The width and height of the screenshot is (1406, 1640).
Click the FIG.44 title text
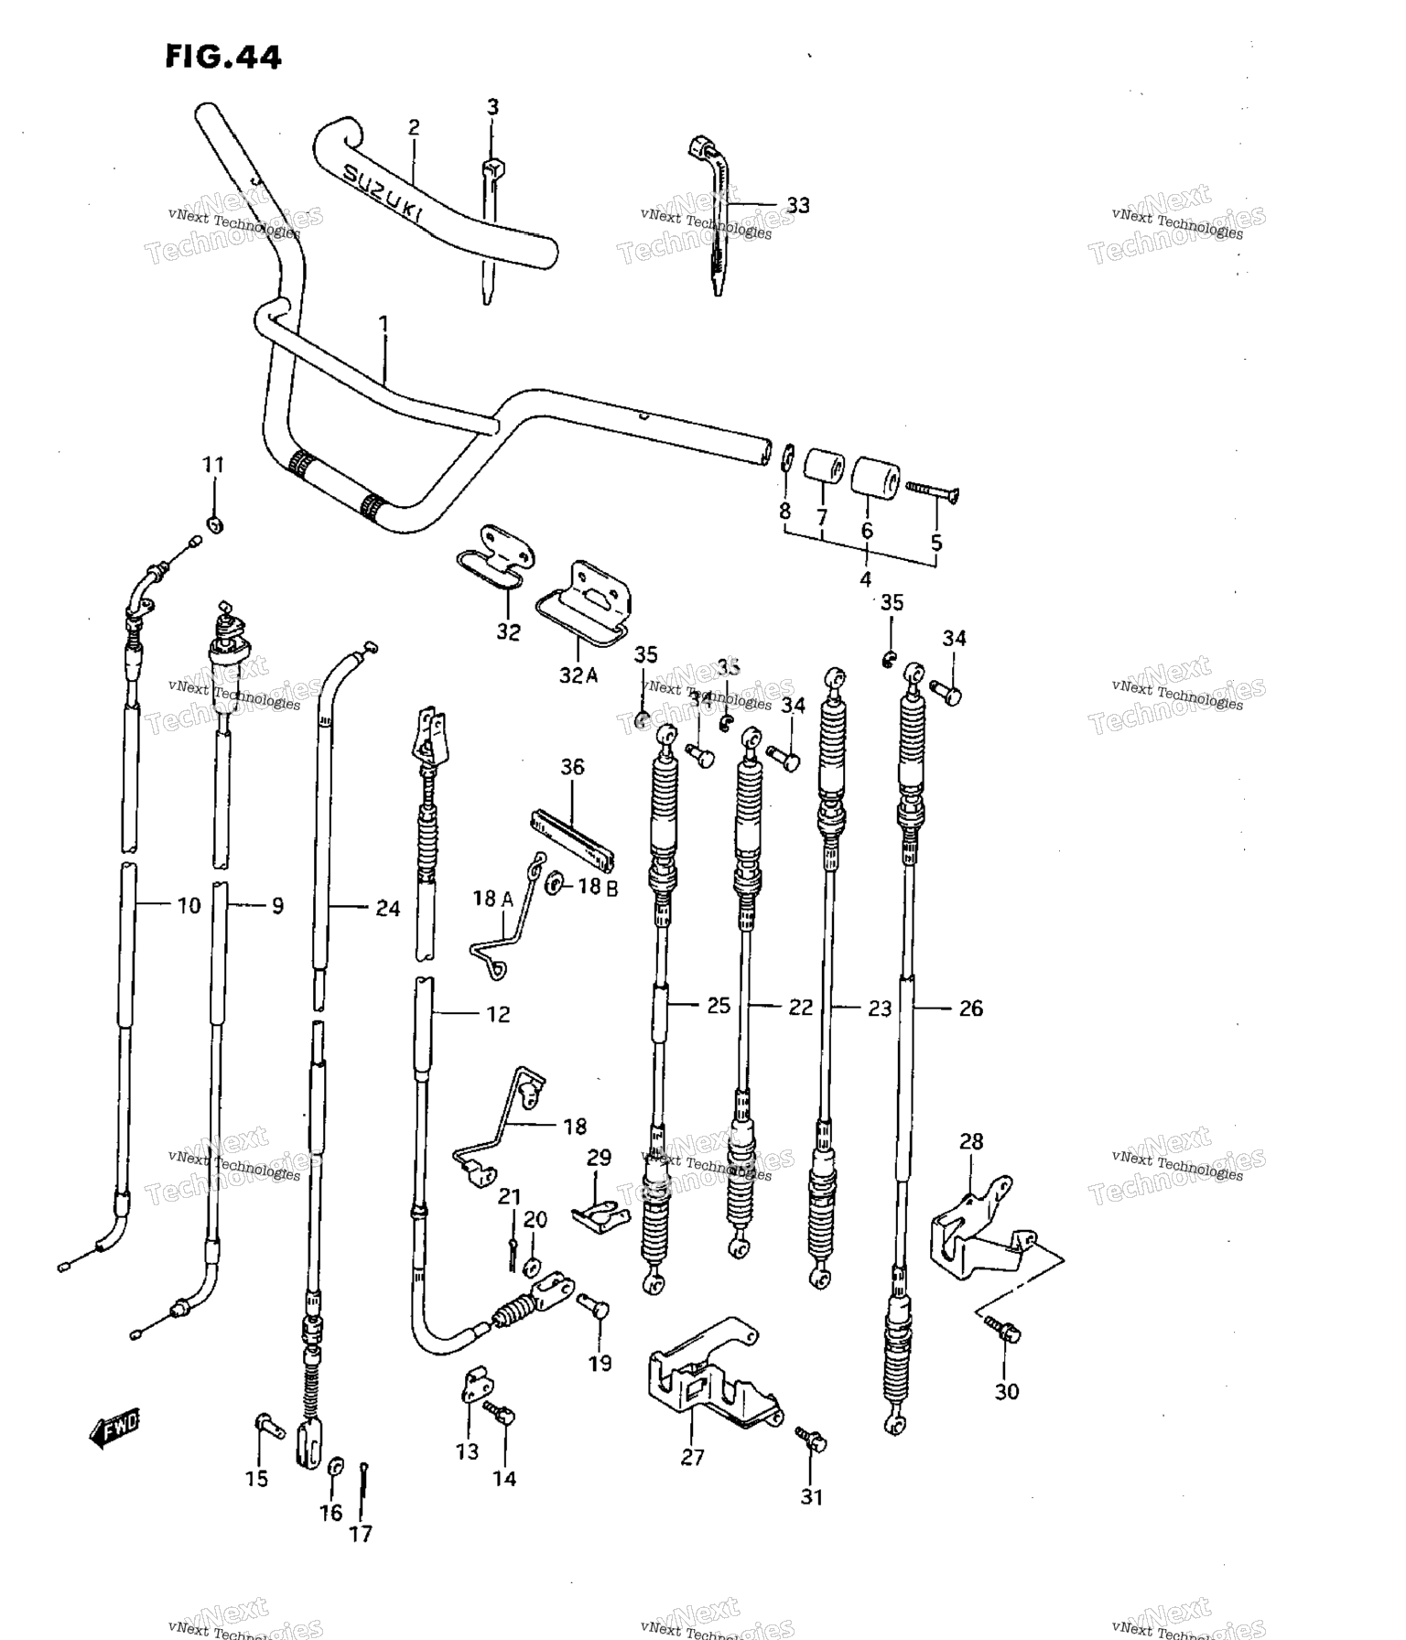click(222, 57)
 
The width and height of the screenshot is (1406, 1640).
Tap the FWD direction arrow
click(114, 1431)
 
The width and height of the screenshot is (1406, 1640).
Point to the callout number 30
click(1006, 1392)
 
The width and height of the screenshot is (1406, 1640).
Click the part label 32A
click(579, 675)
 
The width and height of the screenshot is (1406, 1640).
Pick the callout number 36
click(572, 767)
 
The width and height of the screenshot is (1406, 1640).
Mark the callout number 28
click(971, 1141)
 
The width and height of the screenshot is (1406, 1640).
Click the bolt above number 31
click(811, 1440)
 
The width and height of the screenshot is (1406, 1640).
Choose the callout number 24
click(388, 909)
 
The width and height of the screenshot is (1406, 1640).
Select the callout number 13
click(467, 1451)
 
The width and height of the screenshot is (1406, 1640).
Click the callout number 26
click(970, 1009)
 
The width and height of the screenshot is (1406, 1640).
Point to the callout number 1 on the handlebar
click(384, 324)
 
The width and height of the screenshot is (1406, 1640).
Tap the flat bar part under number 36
click(572, 839)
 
